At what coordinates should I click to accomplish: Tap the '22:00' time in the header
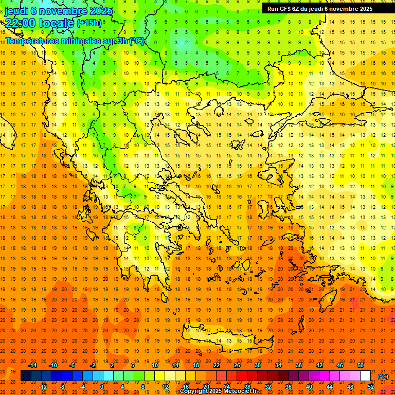point(23,23)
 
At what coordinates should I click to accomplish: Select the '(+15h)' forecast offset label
point(89,23)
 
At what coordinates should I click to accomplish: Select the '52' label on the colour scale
point(371,387)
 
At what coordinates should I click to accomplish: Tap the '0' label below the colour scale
point(102,387)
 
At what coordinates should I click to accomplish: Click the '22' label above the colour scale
point(217,365)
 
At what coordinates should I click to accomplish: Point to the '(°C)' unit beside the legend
point(383,376)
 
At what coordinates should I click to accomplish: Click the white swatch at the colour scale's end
point(366,376)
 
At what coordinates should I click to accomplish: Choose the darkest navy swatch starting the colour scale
point(26,376)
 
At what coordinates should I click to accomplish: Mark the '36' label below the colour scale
point(289,387)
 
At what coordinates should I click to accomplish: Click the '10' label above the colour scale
point(155,365)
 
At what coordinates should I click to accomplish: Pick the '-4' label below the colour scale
point(82,387)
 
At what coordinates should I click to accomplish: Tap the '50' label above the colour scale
point(361,365)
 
